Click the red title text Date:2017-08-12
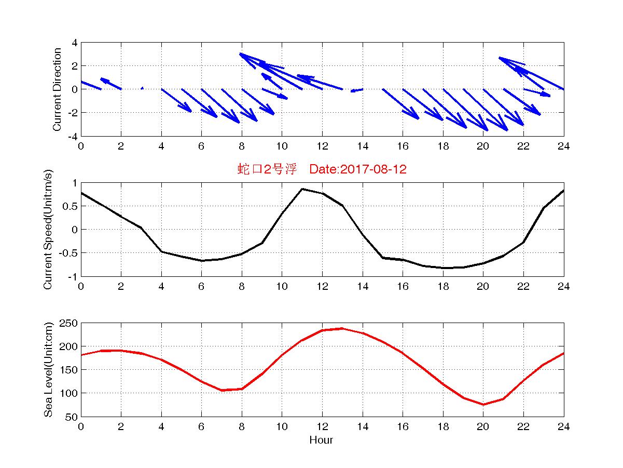pos(358,169)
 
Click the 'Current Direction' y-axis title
pos(57,89)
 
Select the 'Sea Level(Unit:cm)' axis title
pos(48,370)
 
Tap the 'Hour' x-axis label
pos(321,440)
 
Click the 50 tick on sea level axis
pos(72,417)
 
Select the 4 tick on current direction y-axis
pos(75,43)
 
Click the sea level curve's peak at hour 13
pos(342,328)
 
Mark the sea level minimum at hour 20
pos(483,405)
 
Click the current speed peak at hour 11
pos(302,189)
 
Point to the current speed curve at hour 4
pos(161,251)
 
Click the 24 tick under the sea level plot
pos(563,427)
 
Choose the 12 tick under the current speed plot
pos(322,287)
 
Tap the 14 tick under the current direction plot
pos(362,146)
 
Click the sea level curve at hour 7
pos(221,390)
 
